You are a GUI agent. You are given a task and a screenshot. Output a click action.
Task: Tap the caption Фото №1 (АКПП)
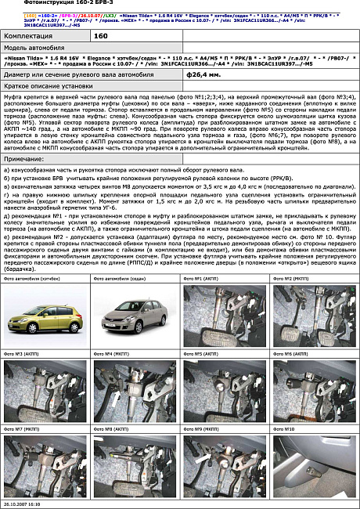click(200, 280)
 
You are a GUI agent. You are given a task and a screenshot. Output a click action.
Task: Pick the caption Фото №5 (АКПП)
click(200, 356)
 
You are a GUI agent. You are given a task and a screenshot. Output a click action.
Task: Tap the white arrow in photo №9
click(201, 457)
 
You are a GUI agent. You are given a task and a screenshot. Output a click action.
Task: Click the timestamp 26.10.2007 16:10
click(23, 504)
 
